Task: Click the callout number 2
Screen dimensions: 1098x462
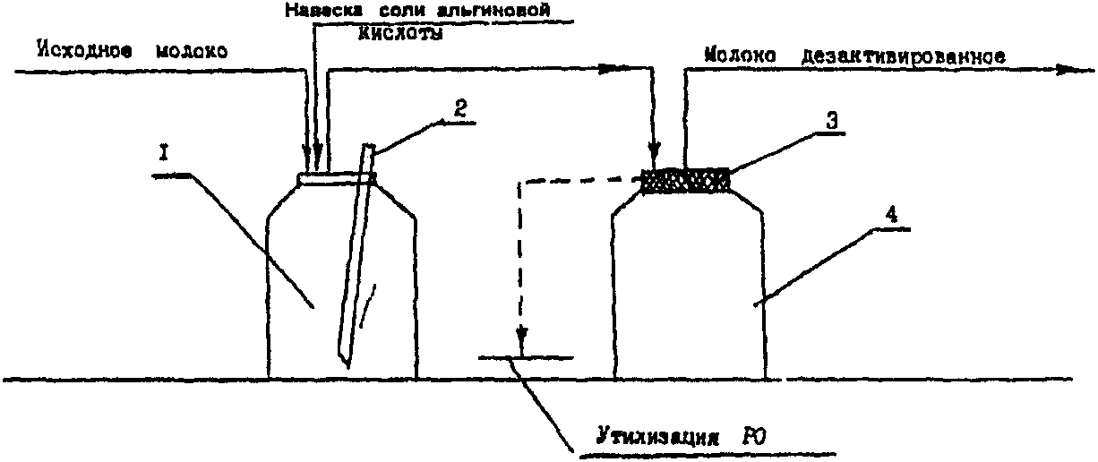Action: [x=459, y=109]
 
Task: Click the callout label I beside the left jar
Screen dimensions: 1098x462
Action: [x=165, y=154]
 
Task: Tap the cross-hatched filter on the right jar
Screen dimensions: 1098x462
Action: [x=685, y=182]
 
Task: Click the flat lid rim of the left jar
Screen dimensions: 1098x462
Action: [x=336, y=178]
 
